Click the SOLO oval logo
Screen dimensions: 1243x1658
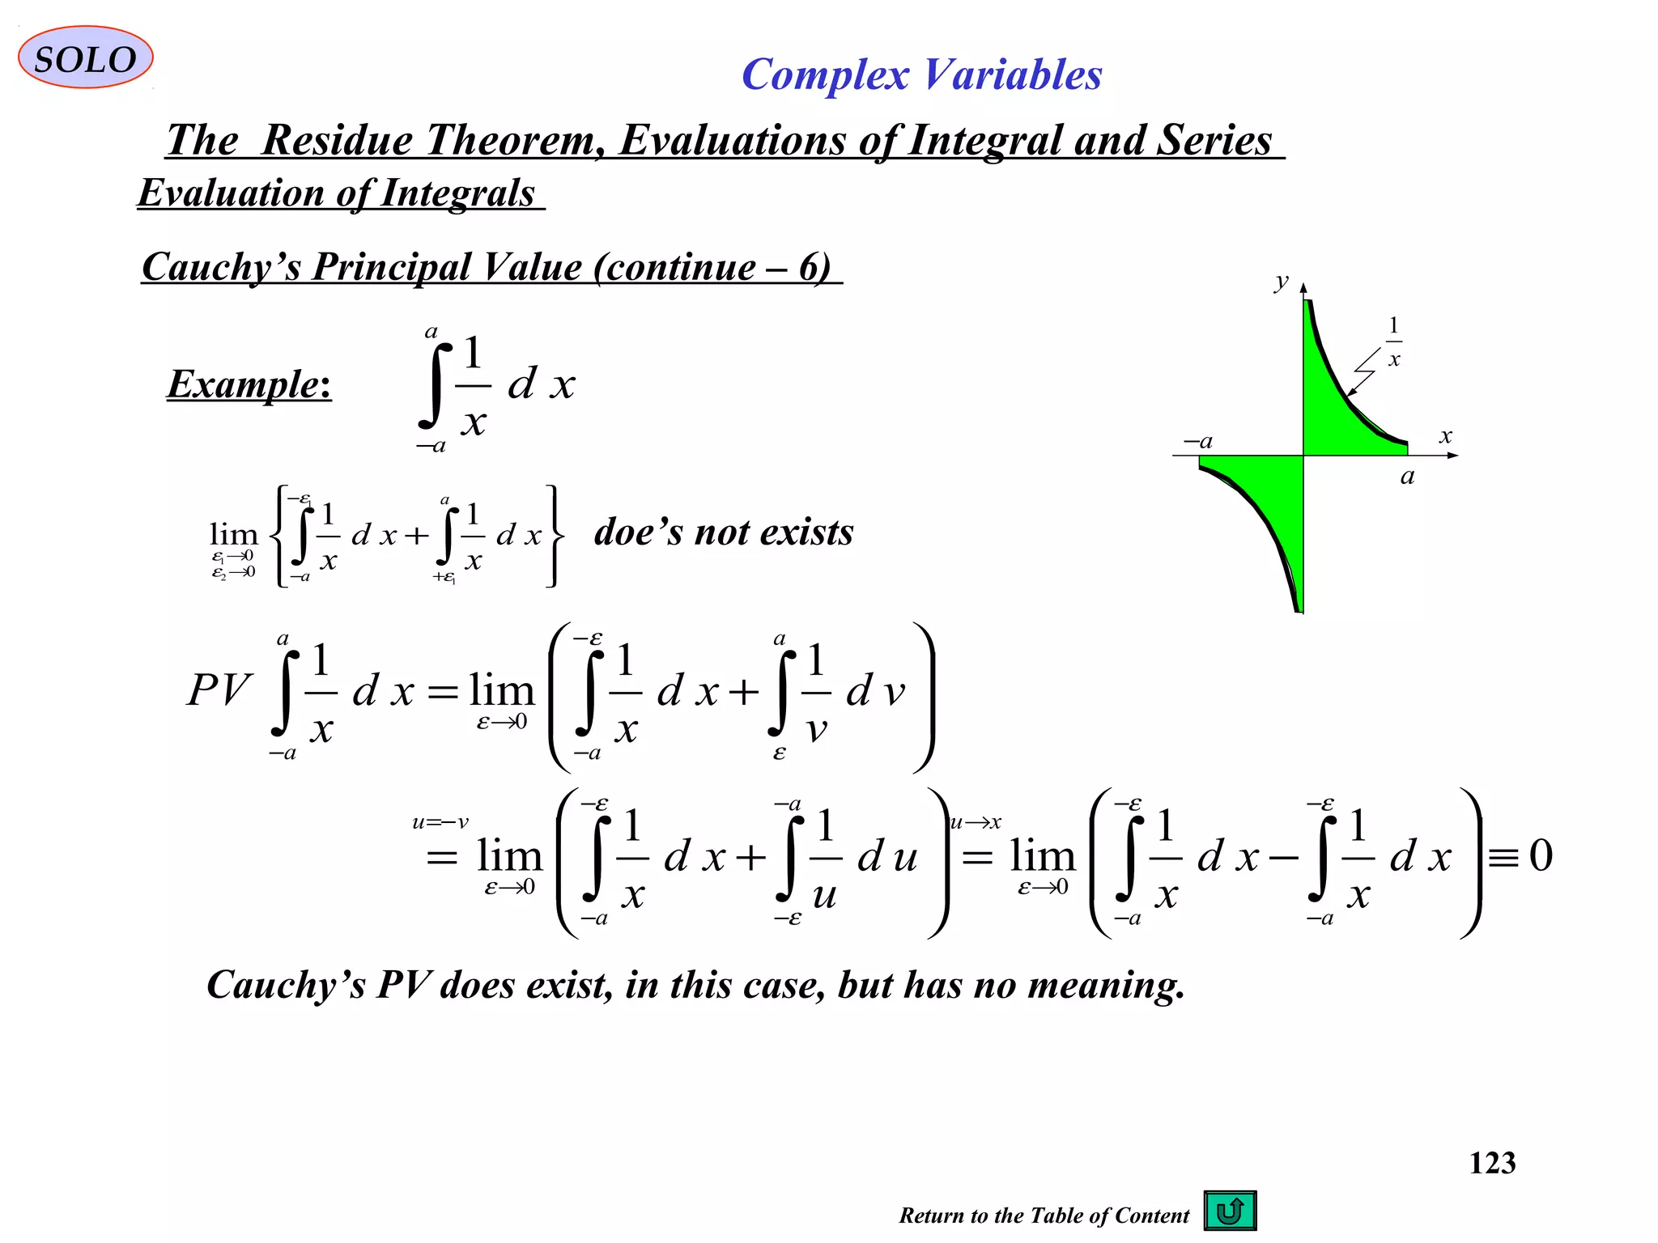pos(85,57)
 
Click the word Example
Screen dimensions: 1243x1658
pos(248,384)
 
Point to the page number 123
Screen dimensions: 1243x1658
pos(1492,1163)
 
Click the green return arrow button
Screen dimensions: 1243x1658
pos(1230,1211)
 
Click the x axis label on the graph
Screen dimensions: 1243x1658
pos(1445,436)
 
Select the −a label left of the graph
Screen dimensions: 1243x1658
pos(1198,441)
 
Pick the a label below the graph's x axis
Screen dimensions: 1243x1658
pos(1407,476)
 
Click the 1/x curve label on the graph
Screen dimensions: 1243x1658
pos(1393,342)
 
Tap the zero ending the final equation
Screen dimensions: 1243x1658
pos(1541,855)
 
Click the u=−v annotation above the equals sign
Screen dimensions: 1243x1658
pos(440,822)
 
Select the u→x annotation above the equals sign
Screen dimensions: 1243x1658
pos(976,822)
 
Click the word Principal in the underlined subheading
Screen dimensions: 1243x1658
pos(447,267)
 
